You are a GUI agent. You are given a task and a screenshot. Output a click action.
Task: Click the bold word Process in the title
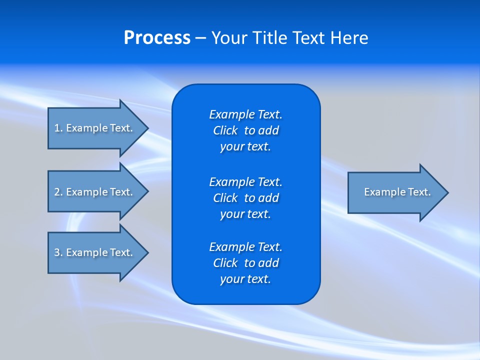click(157, 38)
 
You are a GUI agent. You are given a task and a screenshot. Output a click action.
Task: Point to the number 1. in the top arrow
click(58, 128)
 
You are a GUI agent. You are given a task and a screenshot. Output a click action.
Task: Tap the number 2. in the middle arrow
click(58, 192)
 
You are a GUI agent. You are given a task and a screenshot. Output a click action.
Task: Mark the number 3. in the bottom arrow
click(58, 252)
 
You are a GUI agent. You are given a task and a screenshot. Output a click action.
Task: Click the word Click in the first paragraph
click(225, 130)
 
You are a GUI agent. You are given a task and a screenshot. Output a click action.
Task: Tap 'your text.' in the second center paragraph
click(245, 214)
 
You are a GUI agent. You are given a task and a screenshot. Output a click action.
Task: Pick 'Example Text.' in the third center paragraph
click(245, 247)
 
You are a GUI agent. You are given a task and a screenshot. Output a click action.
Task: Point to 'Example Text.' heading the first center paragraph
click(245, 114)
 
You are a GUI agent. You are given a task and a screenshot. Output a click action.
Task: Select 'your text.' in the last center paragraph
click(245, 279)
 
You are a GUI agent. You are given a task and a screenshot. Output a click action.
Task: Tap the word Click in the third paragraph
click(225, 263)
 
